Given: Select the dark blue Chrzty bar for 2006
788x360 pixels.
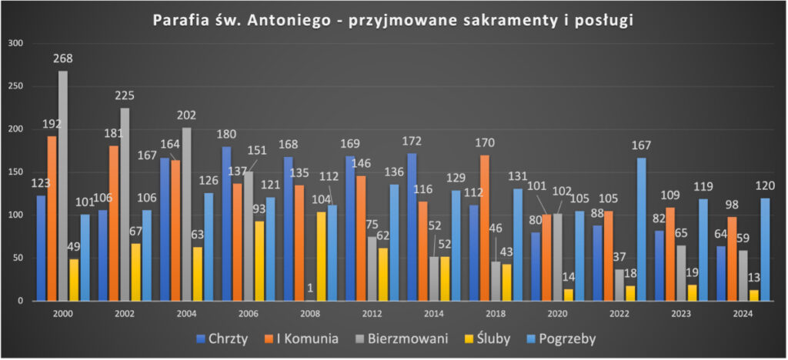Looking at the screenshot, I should coord(226,224).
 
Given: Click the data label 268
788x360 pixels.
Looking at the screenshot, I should coord(63,59).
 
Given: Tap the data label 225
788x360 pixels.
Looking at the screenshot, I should coord(125,96).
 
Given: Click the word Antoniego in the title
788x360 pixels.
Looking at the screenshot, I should coord(271,21).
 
